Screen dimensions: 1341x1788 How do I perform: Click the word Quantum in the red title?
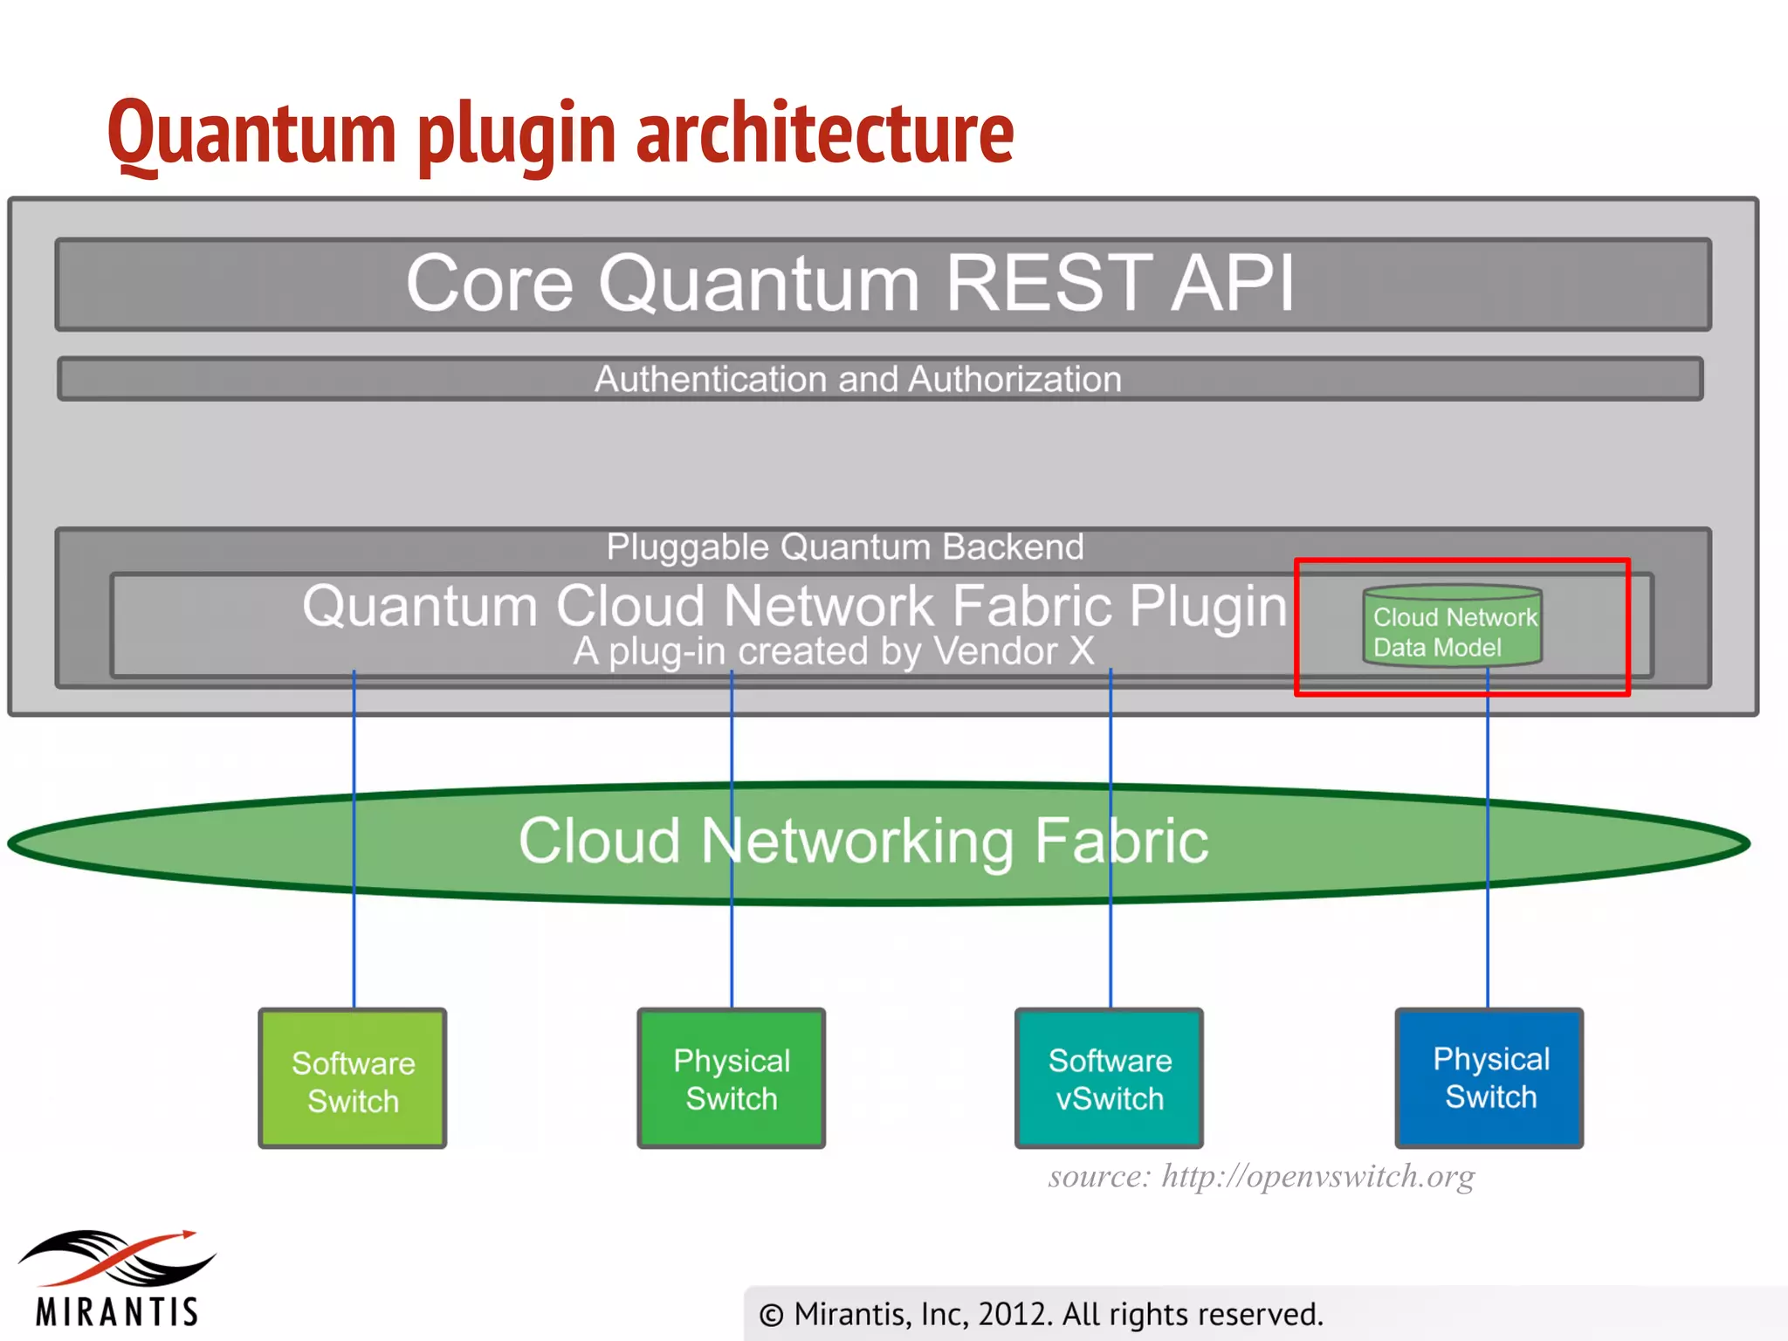[x=251, y=133]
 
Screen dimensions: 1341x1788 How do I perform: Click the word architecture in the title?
[x=824, y=133]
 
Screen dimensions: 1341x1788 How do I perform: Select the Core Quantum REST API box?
[x=882, y=284]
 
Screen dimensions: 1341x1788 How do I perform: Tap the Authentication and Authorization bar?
[x=880, y=379]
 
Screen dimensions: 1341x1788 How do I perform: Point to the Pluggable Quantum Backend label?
[x=844, y=547]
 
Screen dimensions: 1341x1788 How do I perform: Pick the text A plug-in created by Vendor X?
[x=833, y=651]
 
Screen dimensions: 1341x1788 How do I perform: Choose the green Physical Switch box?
[x=731, y=1079]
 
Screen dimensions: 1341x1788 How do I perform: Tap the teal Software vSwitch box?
[x=1109, y=1079]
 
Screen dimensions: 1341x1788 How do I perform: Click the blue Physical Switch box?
[x=1489, y=1077]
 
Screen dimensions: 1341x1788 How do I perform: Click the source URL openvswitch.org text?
[x=1317, y=1176]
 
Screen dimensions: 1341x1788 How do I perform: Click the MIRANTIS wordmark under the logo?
[x=118, y=1311]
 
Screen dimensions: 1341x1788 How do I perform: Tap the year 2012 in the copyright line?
[x=1006, y=1314]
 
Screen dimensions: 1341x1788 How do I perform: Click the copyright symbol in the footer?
[x=770, y=1315]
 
